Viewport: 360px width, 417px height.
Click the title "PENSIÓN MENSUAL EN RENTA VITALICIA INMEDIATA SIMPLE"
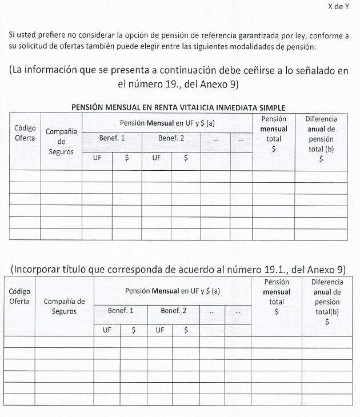click(178, 107)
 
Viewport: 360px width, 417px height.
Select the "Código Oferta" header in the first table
click(25, 133)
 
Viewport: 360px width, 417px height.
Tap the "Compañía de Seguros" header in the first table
click(61, 142)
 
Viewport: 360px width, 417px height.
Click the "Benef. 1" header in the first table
click(111, 138)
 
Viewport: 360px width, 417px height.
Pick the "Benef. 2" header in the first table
click(171, 138)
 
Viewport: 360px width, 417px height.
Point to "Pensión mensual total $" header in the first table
click(274, 134)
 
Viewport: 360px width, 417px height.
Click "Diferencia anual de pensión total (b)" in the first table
click(321, 139)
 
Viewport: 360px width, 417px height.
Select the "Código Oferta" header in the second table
click(20, 296)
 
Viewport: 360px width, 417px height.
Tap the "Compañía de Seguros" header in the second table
click(64, 306)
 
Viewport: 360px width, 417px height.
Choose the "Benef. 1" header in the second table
click(121, 311)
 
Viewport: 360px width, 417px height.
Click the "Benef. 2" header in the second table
click(173, 311)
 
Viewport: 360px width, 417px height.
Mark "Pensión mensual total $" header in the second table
click(277, 297)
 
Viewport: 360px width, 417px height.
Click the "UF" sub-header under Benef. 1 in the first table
click(97, 158)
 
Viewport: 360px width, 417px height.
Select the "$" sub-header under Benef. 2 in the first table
click(186, 158)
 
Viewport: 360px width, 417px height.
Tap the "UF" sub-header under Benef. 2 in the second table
click(160, 330)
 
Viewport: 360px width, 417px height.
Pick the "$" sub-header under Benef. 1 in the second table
click(134, 330)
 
